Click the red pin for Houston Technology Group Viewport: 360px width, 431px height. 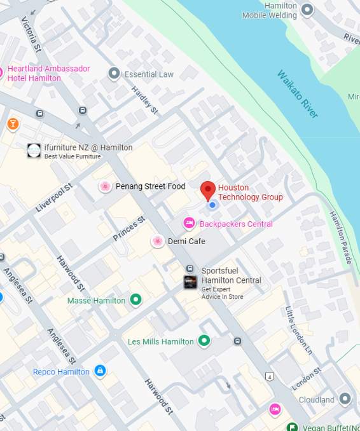208,190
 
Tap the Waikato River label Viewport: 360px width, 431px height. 297,93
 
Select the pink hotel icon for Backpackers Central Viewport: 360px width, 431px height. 189,223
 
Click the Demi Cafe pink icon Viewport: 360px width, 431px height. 157,241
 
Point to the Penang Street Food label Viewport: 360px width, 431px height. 150,186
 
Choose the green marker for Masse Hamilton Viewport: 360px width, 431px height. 135,299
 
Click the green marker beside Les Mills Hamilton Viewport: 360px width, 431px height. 204,341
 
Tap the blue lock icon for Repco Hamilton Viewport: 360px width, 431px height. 99,371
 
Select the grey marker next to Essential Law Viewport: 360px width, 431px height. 114,74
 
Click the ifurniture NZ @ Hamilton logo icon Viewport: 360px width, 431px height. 34,151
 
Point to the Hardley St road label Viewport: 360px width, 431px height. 144,100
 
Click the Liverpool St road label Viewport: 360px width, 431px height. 55,198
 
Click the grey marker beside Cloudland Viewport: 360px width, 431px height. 345,399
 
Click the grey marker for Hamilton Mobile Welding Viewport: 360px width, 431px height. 308,10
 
